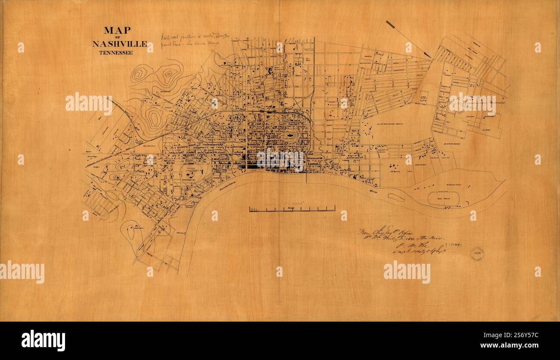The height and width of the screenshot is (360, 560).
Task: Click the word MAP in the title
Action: coord(117,31)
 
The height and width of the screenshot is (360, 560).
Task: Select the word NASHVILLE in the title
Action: coord(119,44)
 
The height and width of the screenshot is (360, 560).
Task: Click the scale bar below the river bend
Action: coord(292,209)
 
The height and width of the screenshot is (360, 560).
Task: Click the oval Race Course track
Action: coord(443,198)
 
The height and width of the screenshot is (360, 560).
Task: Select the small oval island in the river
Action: coord(396,197)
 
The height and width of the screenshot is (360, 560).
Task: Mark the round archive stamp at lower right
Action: coord(477,253)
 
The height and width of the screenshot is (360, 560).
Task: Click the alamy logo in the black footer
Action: coord(43,340)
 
